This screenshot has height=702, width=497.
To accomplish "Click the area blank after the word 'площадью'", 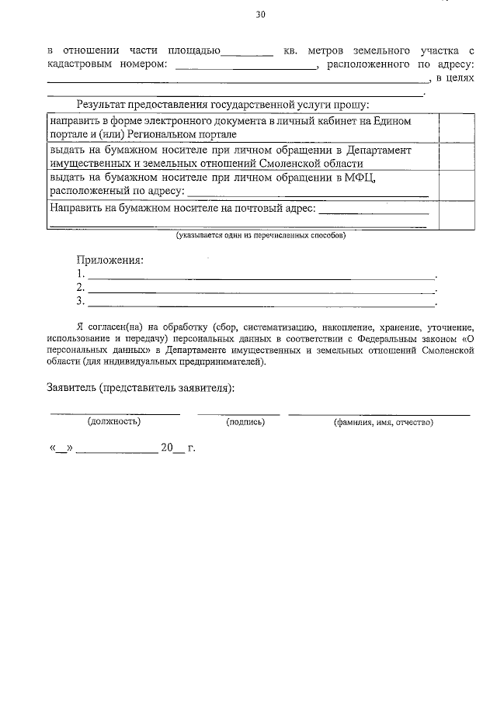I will tap(247, 53).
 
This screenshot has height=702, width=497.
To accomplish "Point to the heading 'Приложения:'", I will tap(110, 261).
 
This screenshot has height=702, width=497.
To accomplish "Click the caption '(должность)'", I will tap(114, 422).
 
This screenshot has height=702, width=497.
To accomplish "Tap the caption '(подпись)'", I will tap(245, 422).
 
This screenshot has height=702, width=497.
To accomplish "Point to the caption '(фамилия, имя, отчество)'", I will tap(383, 422).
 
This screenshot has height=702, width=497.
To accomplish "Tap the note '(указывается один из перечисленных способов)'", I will tap(260, 235).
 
